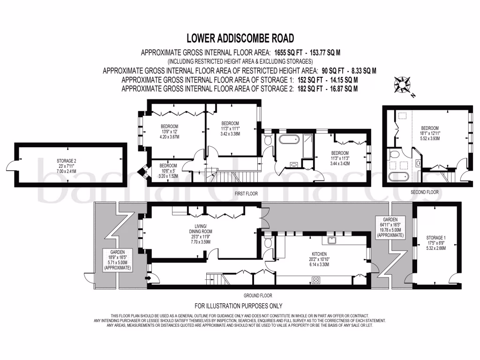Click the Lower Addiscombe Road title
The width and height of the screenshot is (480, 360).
(x=240, y=38)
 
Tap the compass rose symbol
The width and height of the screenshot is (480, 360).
(x=403, y=85)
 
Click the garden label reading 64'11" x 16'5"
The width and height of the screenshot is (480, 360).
(x=390, y=229)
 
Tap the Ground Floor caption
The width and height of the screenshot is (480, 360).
(x=258, y=296)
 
